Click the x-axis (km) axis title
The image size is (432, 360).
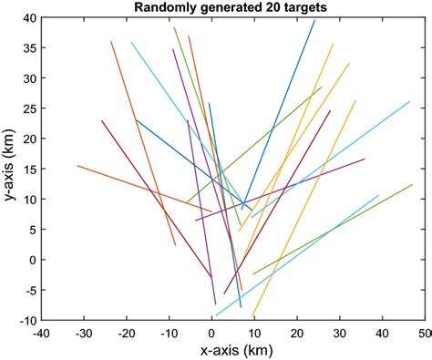[232, 350]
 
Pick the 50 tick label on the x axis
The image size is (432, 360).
[424, 333]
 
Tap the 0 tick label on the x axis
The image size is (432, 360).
[211, 333]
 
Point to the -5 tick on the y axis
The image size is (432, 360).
[30, 290]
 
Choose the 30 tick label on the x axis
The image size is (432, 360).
[339, 333]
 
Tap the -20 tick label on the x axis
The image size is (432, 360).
[126, 333]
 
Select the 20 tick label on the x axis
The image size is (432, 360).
[296, 333]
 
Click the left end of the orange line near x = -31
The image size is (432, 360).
[77, 166]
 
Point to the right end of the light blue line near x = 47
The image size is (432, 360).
[410, 101]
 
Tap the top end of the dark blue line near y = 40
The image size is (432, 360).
[314, 20]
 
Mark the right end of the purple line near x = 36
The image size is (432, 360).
[365, 159]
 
